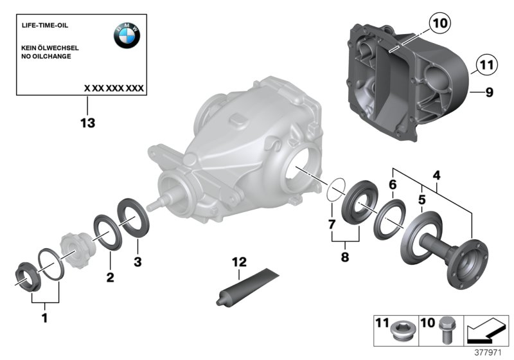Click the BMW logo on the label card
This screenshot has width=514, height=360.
pyautogui.click(x=127, y=37)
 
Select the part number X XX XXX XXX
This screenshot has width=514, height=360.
pyautogui.click(x=114, y=87)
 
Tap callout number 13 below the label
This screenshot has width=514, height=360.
pyautogui.click(x=87, y=123)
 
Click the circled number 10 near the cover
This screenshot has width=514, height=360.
pyautogui.click(x=438, y=24)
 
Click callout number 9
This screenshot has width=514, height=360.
pyautogui.click(x=489, y=93)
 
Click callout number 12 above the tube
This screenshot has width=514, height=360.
pyautogui.click(x=239, y=262)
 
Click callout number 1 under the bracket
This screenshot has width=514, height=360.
pyautogui.click(x=45, y=317)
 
